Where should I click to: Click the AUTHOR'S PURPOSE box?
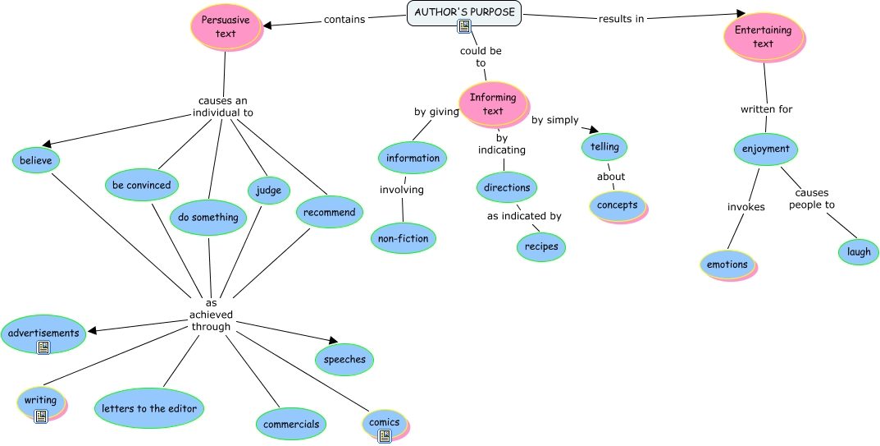coord(464,12)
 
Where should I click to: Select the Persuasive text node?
coord(226,26)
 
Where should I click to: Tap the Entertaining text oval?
coord(763,37)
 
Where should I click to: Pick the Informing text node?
coord(493,103)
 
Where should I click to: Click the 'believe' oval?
coord(36,160)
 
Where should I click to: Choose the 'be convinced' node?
coord(142,185)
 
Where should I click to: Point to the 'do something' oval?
coord(208,218)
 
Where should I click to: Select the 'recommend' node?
coord(329,212)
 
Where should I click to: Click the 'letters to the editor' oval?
coord(148,408)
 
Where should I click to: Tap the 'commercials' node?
coord(291,424)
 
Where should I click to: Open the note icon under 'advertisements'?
coord(43,347)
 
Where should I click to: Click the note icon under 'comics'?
coord(384,436)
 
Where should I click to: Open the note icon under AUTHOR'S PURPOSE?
coord(464,26)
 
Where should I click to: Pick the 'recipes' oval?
coord(541,246)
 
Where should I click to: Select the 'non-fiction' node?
coord(403,238)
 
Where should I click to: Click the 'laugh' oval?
coord(859,252)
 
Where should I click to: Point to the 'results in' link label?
coord(621,19)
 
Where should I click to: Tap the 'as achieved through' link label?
coord(212,315)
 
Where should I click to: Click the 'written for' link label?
coord(766,108)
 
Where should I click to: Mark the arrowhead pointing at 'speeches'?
coord(332,341)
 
